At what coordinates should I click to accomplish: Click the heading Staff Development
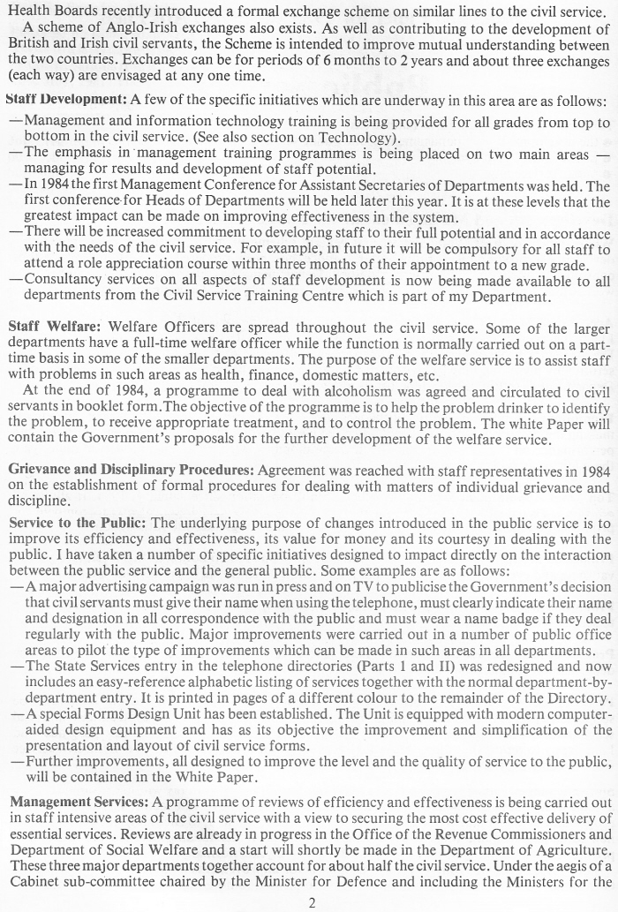point(67,99)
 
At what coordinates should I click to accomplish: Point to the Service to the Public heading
point(78,523)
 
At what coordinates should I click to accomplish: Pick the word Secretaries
point(409,185)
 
